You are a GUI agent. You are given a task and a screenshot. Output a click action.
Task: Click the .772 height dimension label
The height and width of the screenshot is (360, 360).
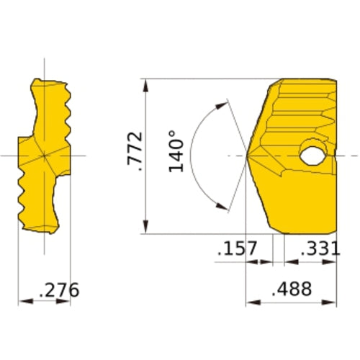pos(135,151)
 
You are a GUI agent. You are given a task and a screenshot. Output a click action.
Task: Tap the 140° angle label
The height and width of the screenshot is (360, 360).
pos(176,151)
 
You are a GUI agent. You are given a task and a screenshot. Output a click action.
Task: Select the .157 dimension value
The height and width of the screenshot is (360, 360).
pos(237,248)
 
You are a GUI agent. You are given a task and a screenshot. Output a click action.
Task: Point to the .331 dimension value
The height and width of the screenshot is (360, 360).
pos(320,248)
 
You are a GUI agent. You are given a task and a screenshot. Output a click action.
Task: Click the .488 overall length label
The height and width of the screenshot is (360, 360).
pos(292,289)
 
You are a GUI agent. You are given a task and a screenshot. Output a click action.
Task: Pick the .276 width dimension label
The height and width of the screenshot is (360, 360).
pos(59,290)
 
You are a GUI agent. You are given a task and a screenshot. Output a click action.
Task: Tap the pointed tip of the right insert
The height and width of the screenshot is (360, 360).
pos(247,156)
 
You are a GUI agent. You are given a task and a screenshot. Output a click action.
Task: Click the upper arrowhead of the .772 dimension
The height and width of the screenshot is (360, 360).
pos(145,85)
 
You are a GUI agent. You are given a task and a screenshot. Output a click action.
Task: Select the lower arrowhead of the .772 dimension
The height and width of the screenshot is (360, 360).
pos(145,227)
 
